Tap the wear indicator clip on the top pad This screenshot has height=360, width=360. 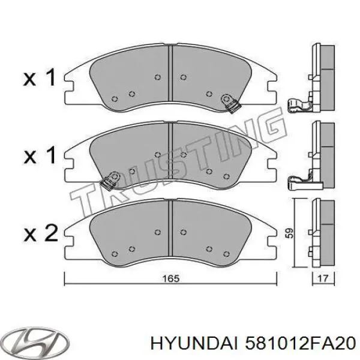point(229,101)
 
